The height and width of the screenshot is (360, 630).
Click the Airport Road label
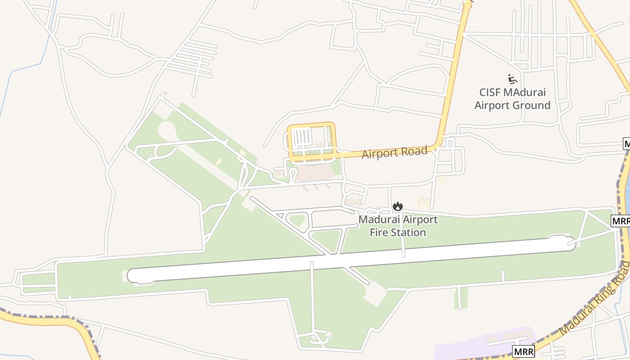click(394, 152)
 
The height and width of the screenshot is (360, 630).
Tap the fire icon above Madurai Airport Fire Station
click(397, 207)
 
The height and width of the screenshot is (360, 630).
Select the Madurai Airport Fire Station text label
click(398, 226)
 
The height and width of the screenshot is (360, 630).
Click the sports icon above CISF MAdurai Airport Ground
click(512, 79)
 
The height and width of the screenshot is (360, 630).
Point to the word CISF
click(490, 93)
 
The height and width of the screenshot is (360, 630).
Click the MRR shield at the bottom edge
click(523, 351)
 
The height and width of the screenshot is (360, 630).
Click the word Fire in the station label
click(379, 233)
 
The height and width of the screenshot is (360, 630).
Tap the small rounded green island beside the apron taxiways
click(297, 220)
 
